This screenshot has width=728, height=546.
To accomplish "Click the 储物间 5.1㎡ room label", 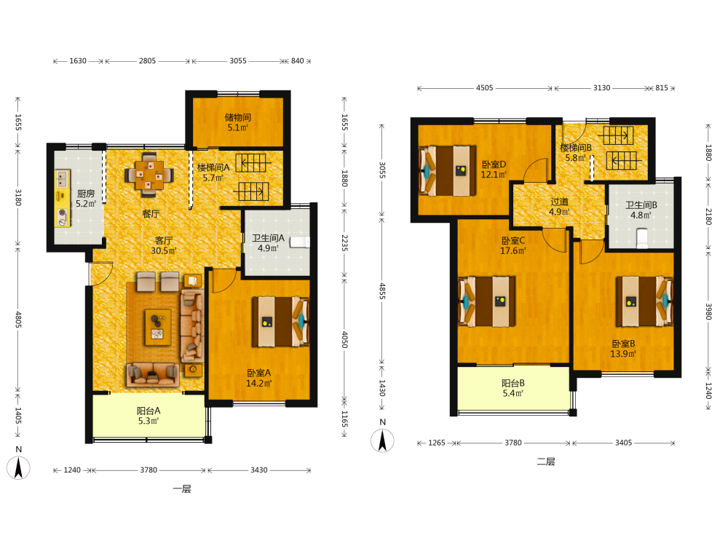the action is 238,122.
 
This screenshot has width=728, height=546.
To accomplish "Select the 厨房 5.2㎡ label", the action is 86,198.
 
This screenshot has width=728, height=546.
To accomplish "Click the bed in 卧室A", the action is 280,322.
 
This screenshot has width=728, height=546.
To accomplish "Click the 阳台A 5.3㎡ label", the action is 149,416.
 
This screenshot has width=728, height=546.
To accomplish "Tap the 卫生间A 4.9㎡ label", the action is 268,243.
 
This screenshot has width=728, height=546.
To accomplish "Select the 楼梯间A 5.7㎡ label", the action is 213,173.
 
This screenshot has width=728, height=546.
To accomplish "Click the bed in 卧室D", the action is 447,171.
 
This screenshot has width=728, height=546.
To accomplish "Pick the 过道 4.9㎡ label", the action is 559,207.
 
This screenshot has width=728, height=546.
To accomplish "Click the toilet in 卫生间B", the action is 642,237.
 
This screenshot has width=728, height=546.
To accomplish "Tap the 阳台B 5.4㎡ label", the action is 513,388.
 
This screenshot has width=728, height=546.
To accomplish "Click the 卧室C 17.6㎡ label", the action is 513,245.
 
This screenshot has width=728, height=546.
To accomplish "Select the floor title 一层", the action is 182,489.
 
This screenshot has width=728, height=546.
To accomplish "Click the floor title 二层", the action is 546,462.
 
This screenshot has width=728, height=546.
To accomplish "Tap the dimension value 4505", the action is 484,88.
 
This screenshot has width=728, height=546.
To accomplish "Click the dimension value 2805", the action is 147,61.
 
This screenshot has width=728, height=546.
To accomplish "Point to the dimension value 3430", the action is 258,470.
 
